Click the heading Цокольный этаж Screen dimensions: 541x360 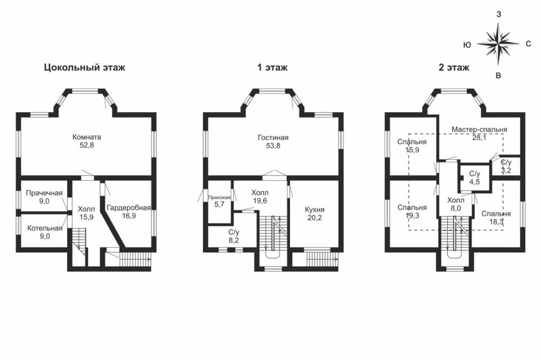pyautogui.click(x=85, y=68)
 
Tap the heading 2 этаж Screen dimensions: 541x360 pyautogui.click(x=454, y=68)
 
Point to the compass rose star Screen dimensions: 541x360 pyautogui.click(x=498, y=44)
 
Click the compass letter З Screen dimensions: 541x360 pyautogui.click(x=499, y=14)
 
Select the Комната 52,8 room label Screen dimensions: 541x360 pyautogui.click(x=87, y=141)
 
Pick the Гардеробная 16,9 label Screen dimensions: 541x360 pyautogui.click(x=129, y=212)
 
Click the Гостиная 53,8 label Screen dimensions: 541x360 pyautogui.click(x=273, y=141)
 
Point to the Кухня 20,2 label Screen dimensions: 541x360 pyautogui.click(x=315, y=214)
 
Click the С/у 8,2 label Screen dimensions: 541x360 pyautogui.click(x=234, y=236)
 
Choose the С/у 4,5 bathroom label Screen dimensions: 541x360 pyautogui.click(x=475, y=178)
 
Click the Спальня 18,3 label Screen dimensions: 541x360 pyautogui.click(x=496, y=218)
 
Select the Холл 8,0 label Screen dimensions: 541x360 pyautogui.click(x=456, y=204)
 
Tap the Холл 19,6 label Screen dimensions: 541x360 pyautogui.click(x=260, y=196)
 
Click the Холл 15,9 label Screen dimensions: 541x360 pyautogui.click(x=87, y=213)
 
